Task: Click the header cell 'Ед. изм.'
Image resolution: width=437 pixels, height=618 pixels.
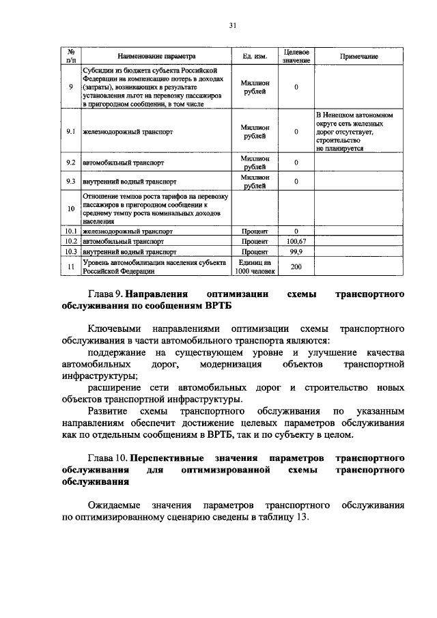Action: [x=255, y=57]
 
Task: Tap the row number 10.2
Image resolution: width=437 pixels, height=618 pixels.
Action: [x=71, y=241]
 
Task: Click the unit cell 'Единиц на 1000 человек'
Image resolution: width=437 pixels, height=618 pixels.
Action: [x=255, y=266]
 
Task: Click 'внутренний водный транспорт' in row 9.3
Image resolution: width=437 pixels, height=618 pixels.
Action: [x=130, y=182]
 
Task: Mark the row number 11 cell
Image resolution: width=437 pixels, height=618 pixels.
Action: [x=71, y=266]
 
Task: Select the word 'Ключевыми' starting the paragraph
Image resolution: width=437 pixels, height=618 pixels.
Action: [x=113, y=326]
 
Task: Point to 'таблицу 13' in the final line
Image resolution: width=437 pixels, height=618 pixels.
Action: [x=281, y=518]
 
